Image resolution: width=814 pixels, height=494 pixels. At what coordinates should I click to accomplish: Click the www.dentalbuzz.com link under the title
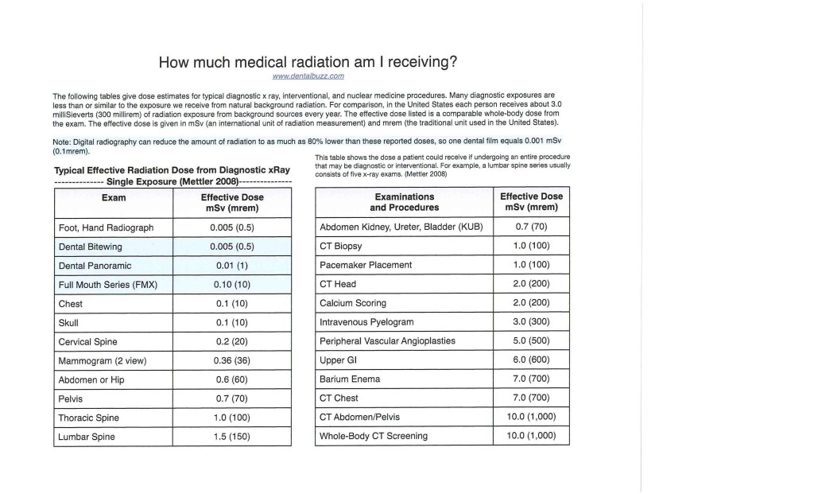coord(308,76)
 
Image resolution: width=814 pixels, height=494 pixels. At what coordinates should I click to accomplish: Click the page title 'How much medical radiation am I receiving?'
coord(308,62)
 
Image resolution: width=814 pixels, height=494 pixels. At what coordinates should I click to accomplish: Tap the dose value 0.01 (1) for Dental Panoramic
coord(232,266)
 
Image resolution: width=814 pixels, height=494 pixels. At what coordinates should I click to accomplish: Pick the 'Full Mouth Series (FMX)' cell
coord(108,285)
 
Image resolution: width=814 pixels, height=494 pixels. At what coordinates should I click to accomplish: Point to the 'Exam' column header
coord(113,196)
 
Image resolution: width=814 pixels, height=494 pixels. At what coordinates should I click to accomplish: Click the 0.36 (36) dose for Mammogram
coord(232,360)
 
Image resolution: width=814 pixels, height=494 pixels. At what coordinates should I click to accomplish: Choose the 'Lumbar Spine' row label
coord(87,437)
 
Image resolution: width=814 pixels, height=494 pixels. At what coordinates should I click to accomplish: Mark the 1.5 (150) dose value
coord(232,437)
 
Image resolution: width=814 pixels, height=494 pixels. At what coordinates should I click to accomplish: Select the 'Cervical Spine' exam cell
coord(88,341)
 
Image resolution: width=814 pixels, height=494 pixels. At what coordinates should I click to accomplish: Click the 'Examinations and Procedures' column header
coord(404,201)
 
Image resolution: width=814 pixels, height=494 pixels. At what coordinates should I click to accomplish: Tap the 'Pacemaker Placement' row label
coord(366,265)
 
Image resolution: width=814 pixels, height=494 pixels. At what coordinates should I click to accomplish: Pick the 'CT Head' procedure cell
coord(338,284)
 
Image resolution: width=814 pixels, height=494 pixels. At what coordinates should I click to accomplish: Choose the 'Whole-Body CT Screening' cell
coord(373,436)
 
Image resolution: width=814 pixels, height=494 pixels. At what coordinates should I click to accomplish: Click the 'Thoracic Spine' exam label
coord(89,418)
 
